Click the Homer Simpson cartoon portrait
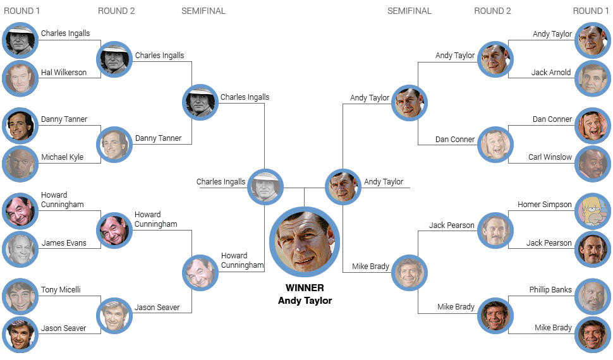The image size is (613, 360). click(593, 211)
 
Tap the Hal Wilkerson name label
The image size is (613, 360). click(64, 72)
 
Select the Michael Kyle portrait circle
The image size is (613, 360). click(20, 164)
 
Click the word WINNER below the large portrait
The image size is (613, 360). click(305, 288)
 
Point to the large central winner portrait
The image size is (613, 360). click(305, 242)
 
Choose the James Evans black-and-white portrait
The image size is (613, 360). click(20, 249)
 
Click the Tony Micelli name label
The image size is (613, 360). click(61, 290)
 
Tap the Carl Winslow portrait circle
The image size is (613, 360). click(593, 164)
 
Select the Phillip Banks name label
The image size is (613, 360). click(550, 290)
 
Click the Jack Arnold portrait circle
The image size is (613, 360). click(593, 78)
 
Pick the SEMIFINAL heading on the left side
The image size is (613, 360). click(203, 11)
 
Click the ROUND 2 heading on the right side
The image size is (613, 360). click(492, 11)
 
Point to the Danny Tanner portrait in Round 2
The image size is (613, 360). click(114, 145)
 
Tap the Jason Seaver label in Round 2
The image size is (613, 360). click(157, 308)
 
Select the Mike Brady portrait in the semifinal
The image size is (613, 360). click(410, 273)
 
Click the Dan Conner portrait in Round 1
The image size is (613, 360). click(593, 126)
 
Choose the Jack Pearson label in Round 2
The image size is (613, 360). click(452, 225)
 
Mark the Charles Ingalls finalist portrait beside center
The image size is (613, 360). click(265, 187)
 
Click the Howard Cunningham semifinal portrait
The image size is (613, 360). click(200, 273)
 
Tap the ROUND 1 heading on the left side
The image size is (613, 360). click(22, 11)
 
